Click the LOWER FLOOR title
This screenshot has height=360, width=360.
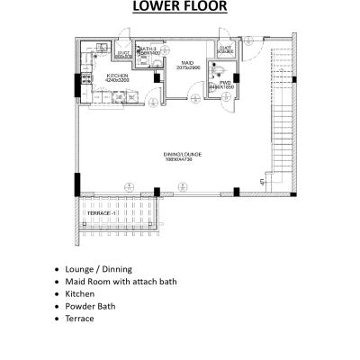click(x=180, y=8)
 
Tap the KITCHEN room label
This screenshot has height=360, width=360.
click(x=118, y=75)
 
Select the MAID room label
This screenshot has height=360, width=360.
click(x=187, y=62)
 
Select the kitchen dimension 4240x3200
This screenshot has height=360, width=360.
click(x=118, y=80)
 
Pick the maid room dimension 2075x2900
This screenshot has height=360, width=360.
click(x=187, y=67)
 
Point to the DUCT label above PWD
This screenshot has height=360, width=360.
click(x=226, y=49)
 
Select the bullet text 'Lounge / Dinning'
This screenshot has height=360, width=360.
click(x=99, y=269)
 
